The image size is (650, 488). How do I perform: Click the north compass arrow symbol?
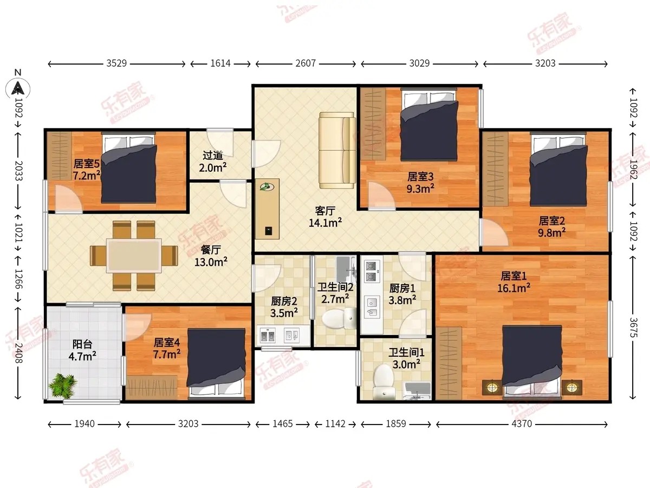(18, 88)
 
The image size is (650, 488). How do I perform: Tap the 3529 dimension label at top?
(116, 63)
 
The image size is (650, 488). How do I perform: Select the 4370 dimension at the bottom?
(522, 424)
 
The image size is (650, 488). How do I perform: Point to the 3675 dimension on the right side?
(633, 327)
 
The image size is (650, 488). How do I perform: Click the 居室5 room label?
(86, 164)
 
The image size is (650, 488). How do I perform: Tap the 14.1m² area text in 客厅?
(325, 222)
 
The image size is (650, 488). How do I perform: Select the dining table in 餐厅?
(134, 256)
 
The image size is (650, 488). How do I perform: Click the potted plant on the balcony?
(62, 385)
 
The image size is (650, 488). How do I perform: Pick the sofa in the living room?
(337, 150)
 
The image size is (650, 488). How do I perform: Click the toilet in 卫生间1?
(384, 382)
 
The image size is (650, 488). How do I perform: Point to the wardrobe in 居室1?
(448, 363)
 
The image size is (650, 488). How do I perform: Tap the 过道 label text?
(213, 156)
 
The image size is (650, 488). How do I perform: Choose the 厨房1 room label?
(402, 288)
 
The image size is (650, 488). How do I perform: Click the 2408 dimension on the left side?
(18, 353)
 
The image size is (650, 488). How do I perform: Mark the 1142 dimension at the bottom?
(335, 424)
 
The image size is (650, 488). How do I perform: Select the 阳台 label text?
(82, 344)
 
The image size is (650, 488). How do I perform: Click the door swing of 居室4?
(137, 327)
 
